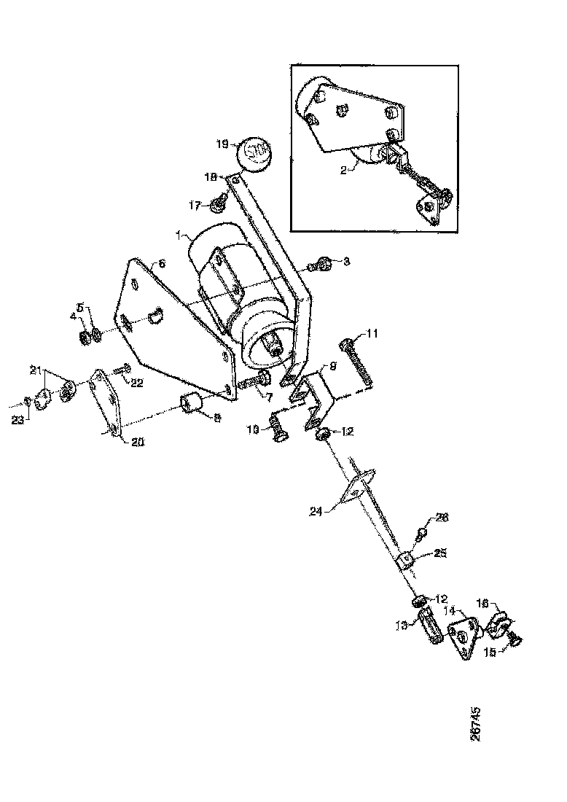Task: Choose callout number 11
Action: (x=372, y=335)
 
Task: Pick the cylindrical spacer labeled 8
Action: (x=191, y=402)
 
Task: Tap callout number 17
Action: (x=195, y=206)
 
